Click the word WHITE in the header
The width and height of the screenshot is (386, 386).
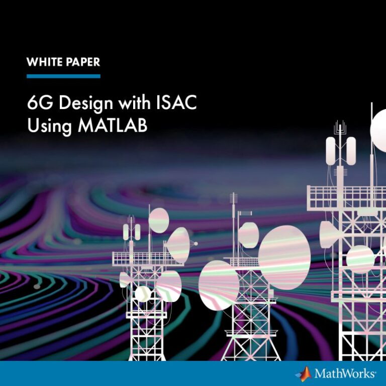click(44, 62)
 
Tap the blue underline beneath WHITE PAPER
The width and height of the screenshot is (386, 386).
click(63, 76)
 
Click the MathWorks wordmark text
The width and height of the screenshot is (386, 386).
click(345, 373)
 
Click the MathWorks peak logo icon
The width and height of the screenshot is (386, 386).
click(304, 374)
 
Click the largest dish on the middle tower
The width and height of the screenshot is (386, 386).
click(284, 258)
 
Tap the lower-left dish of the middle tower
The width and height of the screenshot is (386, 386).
click(219, 285)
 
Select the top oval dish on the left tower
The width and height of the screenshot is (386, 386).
click(159, 220)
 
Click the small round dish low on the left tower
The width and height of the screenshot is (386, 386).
click(143, 294)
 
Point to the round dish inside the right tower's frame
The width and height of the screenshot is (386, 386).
click(360, 259)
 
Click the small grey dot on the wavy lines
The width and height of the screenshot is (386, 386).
click(37, 286)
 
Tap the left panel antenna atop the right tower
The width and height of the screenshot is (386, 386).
click(331, 151)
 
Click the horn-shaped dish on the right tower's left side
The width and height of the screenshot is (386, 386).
click(329, 235)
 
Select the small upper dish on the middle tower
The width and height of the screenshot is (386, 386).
click(249, 235)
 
